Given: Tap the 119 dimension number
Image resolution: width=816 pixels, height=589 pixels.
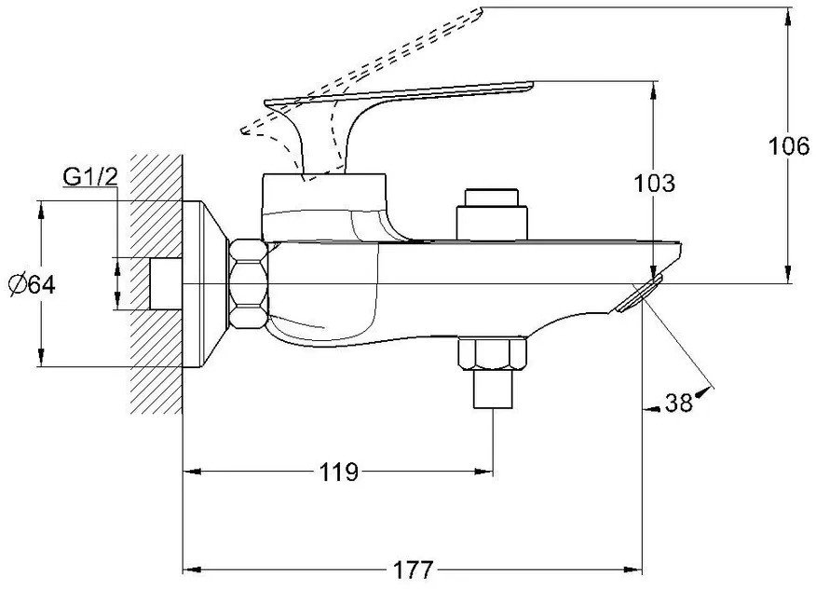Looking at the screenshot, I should point(338,472).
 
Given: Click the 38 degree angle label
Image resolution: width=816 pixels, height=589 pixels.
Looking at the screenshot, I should point(679,403).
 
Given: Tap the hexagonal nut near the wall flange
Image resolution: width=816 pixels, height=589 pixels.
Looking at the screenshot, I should point(249,283).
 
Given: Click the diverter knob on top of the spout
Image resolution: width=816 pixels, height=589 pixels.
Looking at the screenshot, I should point(491,213).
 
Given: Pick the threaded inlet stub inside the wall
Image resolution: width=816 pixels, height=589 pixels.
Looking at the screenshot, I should point(165,283).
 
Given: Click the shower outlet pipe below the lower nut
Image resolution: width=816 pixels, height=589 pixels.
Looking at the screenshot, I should point(491,390).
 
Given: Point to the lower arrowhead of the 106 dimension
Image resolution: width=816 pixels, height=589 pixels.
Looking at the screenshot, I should point(789,276).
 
